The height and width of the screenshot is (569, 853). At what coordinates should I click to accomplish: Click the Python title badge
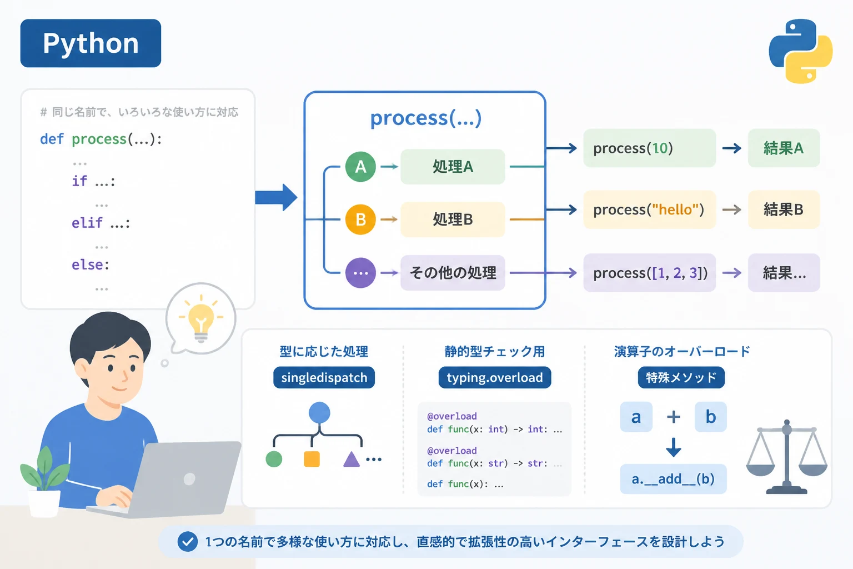(91, 43)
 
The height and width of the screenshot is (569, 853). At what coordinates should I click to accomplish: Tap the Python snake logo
(800, 51)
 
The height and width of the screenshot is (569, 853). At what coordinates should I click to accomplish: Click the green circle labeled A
(360, 167)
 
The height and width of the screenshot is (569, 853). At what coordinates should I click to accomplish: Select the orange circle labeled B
(360, 219)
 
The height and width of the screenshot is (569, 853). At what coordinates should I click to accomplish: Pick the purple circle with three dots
(360, 272)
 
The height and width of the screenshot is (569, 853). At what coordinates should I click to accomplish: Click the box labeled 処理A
(453, 167)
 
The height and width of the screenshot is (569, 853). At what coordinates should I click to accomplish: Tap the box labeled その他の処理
(453, 272)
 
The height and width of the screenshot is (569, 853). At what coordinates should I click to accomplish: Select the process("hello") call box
(650, 209)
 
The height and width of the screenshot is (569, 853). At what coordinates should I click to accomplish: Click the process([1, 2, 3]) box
(650, 272)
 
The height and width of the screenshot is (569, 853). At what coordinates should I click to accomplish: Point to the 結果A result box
(784, 148)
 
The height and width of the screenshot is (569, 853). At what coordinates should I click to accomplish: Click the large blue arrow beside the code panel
(276, 197)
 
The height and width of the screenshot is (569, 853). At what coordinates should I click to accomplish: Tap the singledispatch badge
(324, 377)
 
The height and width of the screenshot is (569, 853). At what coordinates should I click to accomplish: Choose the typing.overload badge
(495, 377)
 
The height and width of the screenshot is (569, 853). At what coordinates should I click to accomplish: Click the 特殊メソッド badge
(681, 377)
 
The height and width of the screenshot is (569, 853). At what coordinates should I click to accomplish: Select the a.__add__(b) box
(673, 478)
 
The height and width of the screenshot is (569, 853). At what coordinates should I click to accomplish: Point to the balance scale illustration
(787, 457)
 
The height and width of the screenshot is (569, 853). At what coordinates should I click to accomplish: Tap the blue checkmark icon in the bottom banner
(187, 542)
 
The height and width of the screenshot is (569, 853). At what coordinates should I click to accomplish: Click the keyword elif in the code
(87, 223)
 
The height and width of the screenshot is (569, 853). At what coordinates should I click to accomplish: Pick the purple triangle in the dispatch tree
(351, 459)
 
